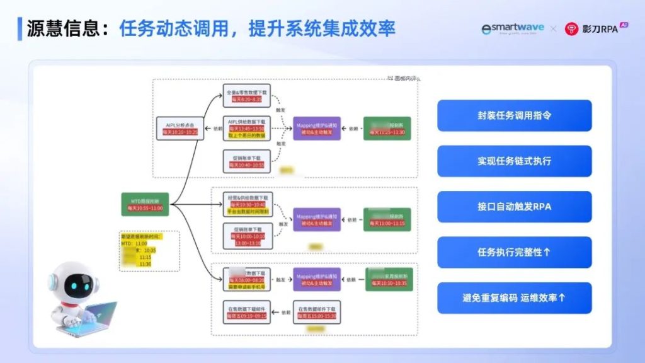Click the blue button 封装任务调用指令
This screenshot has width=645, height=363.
click(514, 115)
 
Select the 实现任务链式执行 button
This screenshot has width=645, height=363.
click(514, 161)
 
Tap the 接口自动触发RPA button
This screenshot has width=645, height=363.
click(514, 207)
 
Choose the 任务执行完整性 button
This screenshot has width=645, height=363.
click(514, 252)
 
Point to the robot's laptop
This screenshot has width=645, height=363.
click(94, 315)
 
